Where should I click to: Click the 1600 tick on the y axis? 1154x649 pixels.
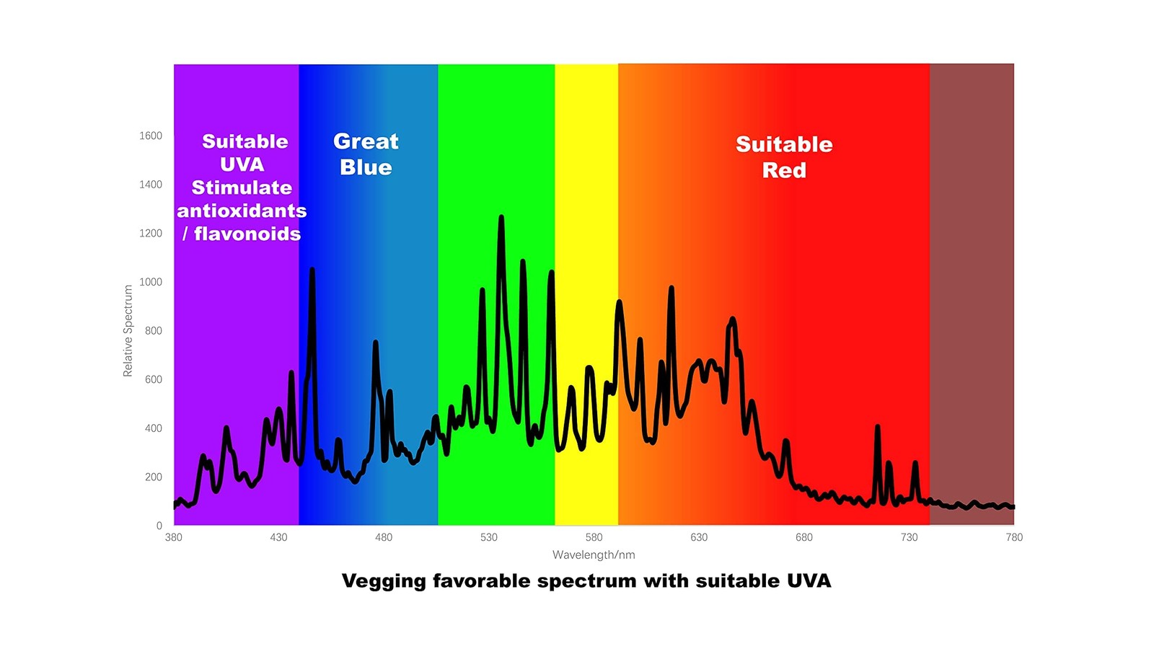[151, 136]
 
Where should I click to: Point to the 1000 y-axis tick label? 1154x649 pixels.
[151, 282]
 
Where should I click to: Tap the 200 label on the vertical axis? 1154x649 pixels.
[154, 477]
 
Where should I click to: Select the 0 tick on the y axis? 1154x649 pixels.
[159, 526]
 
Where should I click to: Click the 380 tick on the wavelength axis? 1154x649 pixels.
[174, 537]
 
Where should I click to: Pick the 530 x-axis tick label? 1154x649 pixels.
[489, 537]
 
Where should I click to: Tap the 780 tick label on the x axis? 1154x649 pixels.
[1014, 537]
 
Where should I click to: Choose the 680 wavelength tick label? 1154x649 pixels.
[804, 537]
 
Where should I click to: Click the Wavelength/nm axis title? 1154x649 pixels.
[594, 555]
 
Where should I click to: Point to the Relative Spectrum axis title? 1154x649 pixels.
[128, 331]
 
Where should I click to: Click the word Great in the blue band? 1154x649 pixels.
[366, 141]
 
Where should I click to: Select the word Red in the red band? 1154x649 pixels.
[784, 170]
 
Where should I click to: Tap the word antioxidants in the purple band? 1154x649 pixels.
[242, 211]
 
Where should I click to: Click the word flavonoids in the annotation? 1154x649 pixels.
[247, 234]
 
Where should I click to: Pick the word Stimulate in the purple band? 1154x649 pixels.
[242, 187]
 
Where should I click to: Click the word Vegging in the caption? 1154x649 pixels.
[384, 581]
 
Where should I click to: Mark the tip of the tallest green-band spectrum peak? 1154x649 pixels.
[501, 217]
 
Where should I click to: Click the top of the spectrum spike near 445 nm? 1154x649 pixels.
[312, 270]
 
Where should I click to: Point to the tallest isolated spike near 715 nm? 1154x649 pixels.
[877, 427]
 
